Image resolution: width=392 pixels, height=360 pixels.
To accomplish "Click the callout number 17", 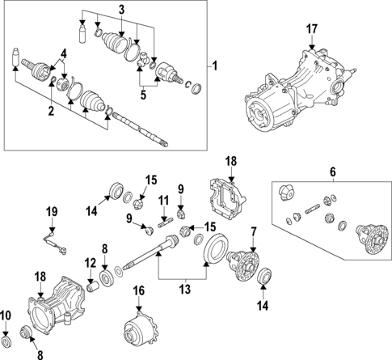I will point(312,30).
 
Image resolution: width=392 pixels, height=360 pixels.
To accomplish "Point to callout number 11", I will point(162,201).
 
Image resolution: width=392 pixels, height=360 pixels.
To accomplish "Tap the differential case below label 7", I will point(246,264).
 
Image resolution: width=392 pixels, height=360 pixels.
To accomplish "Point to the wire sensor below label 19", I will point(52,238).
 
